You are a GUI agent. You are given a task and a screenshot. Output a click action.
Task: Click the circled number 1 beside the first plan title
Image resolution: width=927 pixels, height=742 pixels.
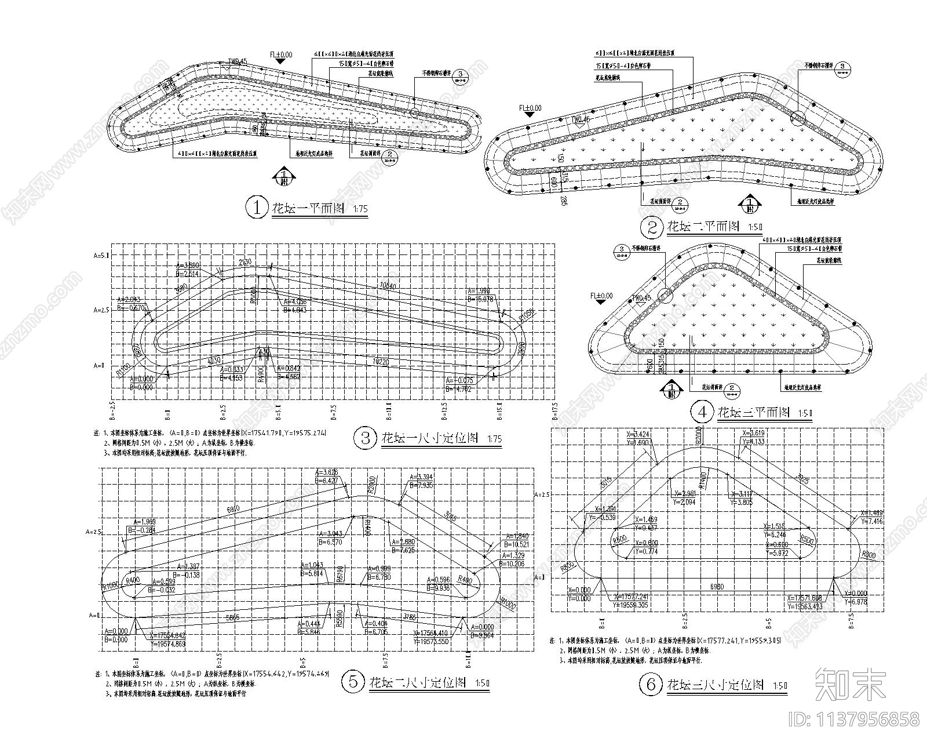(255, 208)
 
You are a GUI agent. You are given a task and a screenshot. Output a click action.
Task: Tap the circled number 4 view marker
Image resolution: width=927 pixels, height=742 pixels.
(703, 412)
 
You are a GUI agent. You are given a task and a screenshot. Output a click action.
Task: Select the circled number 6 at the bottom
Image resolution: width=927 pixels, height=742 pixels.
(650, 685)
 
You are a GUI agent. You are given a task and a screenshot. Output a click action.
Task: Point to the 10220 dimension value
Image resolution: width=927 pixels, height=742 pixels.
(381, 361)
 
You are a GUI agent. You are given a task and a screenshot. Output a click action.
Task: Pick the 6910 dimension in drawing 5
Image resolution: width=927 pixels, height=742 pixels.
(233, 508)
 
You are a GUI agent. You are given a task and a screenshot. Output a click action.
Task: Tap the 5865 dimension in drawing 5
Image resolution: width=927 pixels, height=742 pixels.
(233, 617)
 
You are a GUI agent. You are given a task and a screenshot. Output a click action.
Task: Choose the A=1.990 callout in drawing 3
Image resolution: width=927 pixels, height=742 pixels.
(484, 290)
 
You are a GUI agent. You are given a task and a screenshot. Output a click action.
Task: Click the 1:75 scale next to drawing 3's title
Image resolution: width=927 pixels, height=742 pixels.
(494, 439)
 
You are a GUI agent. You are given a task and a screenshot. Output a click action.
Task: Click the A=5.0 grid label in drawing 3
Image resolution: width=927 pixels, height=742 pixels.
(101, 255)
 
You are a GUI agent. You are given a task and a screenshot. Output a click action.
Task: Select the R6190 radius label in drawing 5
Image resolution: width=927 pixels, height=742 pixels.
(340, 575)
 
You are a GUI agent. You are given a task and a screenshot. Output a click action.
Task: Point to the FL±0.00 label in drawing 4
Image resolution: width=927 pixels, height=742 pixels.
(602, 296)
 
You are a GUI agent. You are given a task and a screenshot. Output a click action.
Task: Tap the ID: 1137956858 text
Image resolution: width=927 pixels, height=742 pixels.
(854, 719)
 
